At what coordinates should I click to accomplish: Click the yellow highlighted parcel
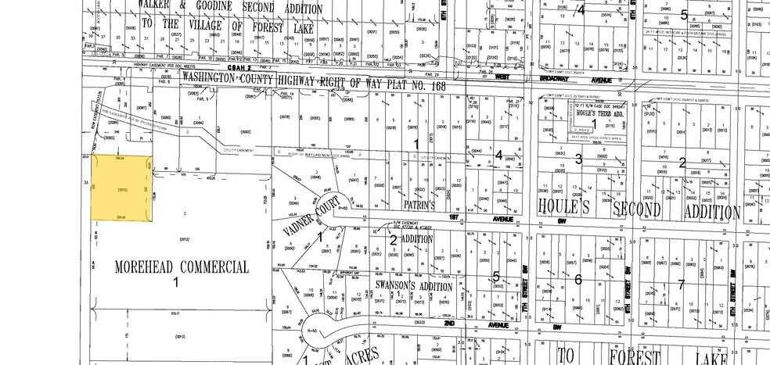click(x=121, y=186)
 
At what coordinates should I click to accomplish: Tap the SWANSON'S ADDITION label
click(x=415, y=286)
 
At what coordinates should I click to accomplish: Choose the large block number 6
click(x=578, y=279)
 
